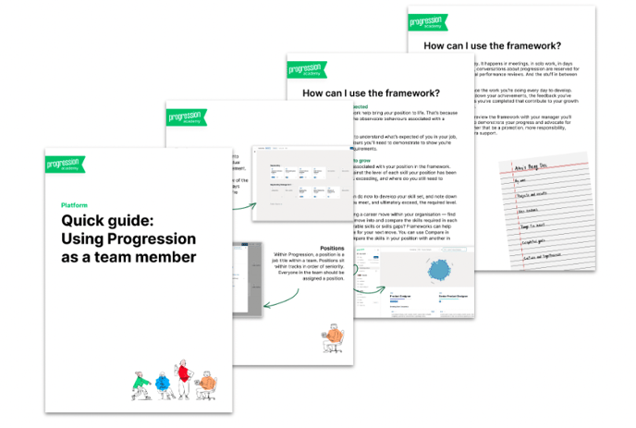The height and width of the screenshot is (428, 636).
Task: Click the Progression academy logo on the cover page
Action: point(65,165)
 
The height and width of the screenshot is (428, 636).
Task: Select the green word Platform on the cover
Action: point(75,205)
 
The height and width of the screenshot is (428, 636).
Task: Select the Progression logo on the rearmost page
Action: point(429,21)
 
